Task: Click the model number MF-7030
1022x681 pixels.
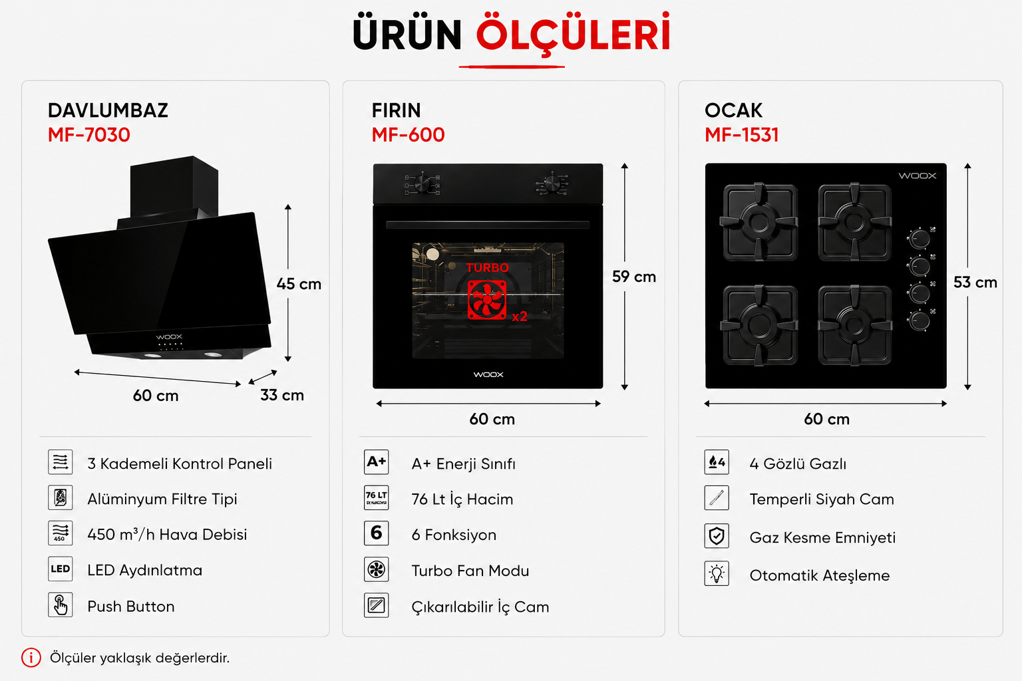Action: point(89,135)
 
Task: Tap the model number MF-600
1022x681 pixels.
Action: point(408,135)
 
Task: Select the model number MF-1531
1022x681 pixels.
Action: point(741,135)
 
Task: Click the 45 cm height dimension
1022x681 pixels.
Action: point(299,284)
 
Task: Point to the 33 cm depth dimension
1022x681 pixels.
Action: point(282,395)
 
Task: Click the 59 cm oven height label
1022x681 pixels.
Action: point(633,277)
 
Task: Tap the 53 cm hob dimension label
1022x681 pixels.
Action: point(975,283)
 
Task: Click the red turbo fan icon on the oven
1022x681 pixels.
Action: point(487,300)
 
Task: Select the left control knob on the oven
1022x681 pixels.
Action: point(423,184)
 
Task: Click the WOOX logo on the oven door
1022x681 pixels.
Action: point(488,374)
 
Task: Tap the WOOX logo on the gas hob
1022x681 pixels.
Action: point(917,176)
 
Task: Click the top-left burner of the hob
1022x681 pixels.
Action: point(759,222)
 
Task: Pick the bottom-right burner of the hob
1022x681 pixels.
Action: point(854,325)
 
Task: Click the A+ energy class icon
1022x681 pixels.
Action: point(377,462)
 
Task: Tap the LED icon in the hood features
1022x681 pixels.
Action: point(61,569)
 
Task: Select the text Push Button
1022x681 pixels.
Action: point(131,607)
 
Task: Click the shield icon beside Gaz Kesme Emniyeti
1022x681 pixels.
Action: point(717,536)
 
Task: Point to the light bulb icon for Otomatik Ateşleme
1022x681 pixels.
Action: point(717,574)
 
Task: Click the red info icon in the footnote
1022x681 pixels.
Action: point(31,658)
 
